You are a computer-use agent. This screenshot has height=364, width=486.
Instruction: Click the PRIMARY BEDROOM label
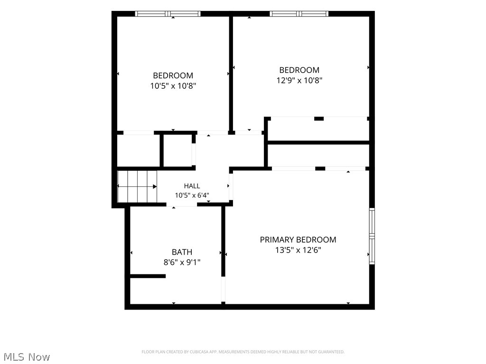[x=298, y=239]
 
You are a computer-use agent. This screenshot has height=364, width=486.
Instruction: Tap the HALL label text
[x=192, y=186]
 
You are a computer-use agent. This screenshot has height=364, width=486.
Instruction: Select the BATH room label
[x=182, y=252]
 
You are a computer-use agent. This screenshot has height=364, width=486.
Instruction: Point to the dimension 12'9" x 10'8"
[x=299, y=81]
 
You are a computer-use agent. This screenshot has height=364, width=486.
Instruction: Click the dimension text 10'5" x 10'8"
[x=173, y=86]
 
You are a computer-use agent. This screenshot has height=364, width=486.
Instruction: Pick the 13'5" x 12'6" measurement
[x=298, y=250]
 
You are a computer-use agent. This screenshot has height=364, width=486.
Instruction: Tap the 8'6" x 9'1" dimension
[x=182, y=263]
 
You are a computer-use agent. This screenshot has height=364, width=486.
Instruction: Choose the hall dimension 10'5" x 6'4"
[x=192, y=195]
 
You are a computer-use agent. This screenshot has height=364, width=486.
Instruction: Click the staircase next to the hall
[x=137, y=186]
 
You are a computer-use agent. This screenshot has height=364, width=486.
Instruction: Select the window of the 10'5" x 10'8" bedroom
[x=168, y=14]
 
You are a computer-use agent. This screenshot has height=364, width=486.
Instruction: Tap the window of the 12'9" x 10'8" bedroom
[x=299, y=14]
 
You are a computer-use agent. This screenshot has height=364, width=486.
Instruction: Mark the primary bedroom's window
[x=372, y=236]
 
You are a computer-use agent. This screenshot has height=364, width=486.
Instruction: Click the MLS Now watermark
[x=27, y=357]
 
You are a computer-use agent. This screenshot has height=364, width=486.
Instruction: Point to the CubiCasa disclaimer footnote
[x=243, y=352]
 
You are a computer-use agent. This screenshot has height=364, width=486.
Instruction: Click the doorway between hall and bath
[x=182, y=204]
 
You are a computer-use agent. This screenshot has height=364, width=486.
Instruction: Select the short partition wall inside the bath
[x=148, y=276]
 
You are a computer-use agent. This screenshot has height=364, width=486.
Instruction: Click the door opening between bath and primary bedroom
[x=223, y=289]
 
